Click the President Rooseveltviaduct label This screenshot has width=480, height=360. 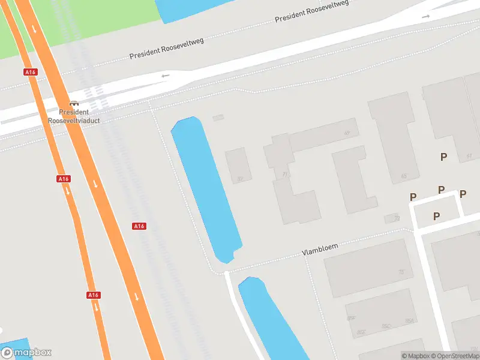tap(74, 116)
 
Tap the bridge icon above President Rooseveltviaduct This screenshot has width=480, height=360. tap(74, 104)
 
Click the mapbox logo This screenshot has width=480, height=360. tap(26, 353)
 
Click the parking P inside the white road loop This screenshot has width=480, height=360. tap(437, 216)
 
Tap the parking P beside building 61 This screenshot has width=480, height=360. tap(443, 157)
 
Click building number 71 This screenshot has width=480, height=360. tap(285, 175)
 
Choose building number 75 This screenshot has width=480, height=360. tap(401, 272)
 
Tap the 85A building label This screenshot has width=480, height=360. tap(410, 321)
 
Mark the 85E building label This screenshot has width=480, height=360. tap(361, 332)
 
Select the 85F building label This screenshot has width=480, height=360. tap(351, 318)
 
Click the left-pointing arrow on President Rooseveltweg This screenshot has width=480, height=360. tap(166, 76)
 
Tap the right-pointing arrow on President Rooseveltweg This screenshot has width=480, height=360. tap(426, 16)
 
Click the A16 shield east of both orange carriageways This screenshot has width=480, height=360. tap(139, 226)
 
